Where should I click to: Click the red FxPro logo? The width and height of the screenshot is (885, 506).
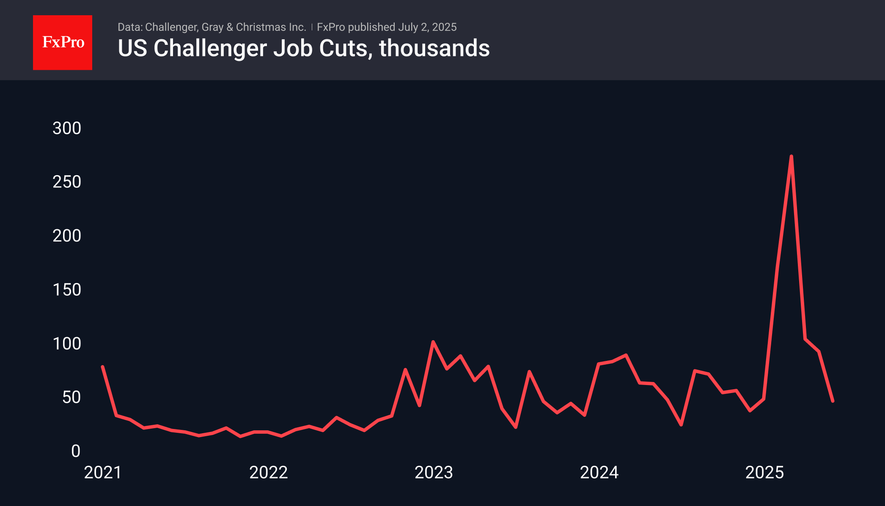click(63, 42)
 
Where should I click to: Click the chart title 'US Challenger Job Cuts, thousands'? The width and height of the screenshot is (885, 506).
click(303, 48)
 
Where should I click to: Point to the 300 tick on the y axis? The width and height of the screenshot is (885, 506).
click(66, 128)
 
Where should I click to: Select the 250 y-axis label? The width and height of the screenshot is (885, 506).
click(66, 182)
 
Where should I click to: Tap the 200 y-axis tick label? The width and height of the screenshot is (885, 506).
click(66, 236)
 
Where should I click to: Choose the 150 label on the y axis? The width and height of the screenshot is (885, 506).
click(66, 290)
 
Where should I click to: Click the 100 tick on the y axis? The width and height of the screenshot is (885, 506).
click(66, 344)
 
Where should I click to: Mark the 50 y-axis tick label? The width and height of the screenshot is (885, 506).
click(71, 397)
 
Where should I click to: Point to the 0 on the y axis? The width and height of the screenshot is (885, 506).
click(76, 451)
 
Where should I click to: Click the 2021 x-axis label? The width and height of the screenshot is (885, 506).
click(103, 473)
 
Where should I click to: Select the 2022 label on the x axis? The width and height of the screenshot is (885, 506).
click(268, 473)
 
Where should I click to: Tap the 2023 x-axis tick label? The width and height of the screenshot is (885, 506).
click(434, 473)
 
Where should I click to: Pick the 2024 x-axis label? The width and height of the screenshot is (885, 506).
click(599, 473)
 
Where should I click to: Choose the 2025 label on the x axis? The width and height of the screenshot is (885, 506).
click(764, 473)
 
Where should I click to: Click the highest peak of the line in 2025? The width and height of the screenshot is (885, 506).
click(791, 157)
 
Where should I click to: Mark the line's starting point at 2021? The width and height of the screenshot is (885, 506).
click(103, 367)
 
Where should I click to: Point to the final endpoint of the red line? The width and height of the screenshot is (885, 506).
click(833, 401)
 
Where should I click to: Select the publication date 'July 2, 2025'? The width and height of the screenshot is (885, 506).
click(427, 27)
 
